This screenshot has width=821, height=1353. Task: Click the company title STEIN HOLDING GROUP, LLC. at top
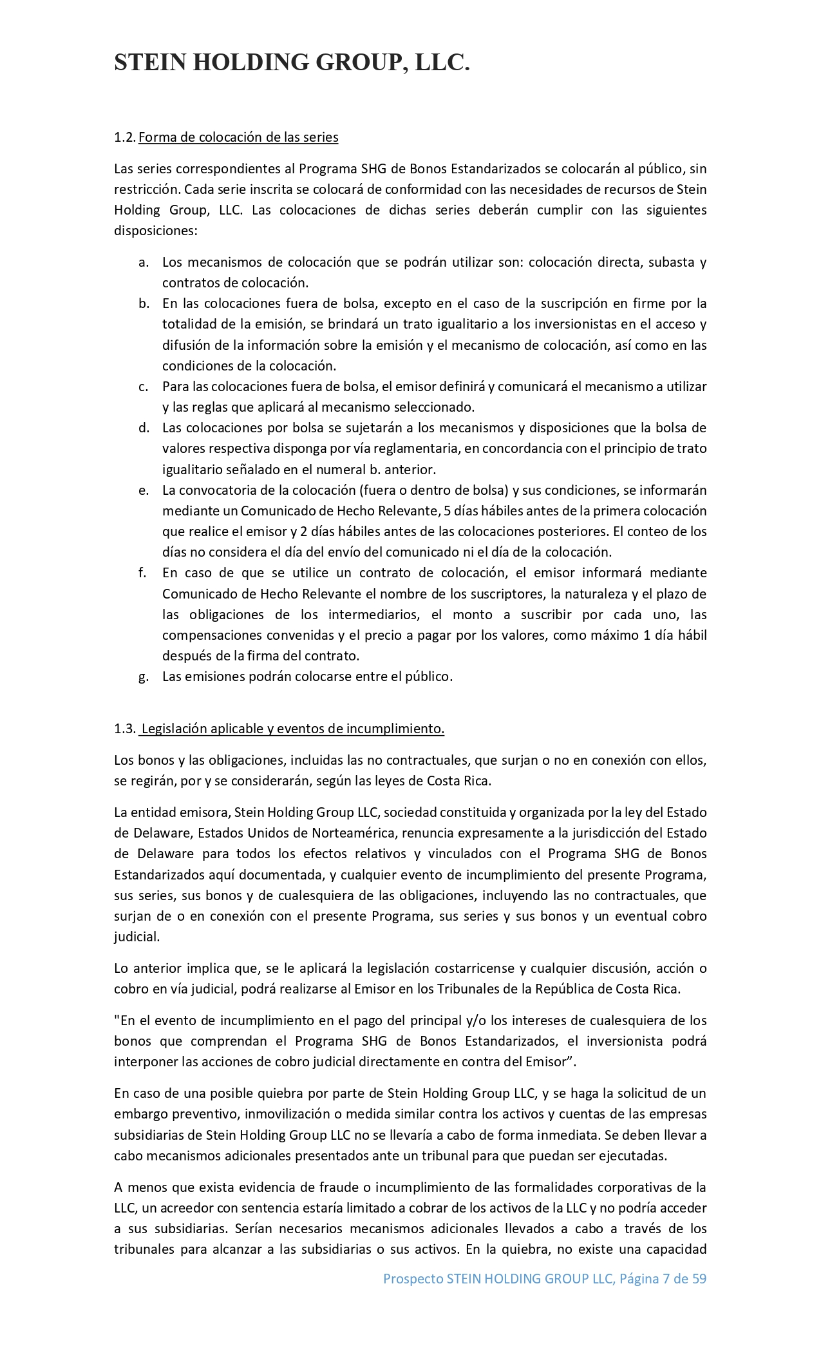292,62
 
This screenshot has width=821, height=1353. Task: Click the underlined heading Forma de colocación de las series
238,137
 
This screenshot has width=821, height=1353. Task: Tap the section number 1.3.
124,729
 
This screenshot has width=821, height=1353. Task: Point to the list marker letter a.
144,262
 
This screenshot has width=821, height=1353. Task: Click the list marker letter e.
144,490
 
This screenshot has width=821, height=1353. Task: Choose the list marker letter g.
144,676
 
